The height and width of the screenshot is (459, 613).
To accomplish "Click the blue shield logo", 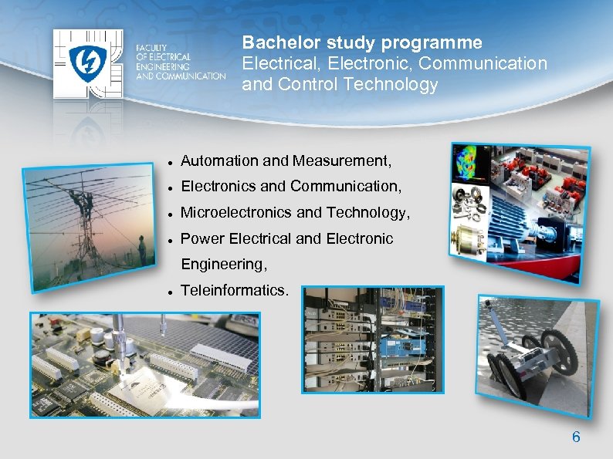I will [x=87, y=62].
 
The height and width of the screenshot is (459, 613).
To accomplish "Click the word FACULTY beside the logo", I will [x=151, y=48].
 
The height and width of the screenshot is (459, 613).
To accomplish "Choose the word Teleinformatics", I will [x=234, y=290].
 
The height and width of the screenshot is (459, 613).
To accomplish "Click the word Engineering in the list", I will [x=223, y=265].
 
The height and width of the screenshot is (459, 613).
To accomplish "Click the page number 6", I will [x=575, y=437].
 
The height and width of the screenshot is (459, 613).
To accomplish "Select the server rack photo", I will [x=374, y=339].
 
